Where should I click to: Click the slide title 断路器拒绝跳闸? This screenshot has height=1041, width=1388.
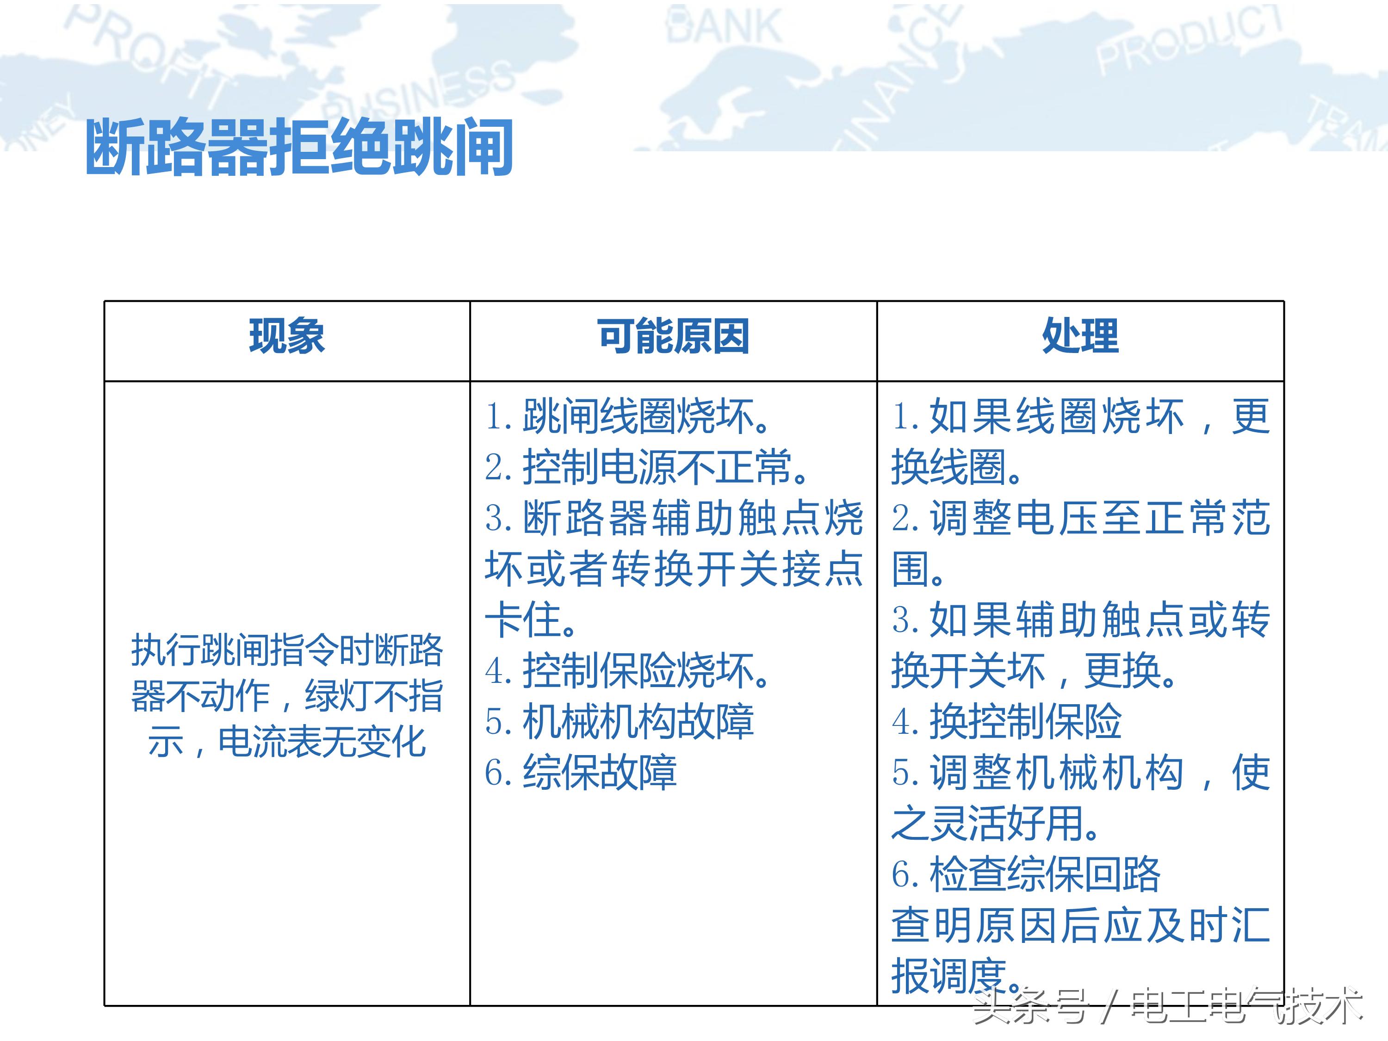299,148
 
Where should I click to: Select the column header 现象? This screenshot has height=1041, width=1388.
287,336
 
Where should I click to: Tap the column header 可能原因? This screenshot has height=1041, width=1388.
673,336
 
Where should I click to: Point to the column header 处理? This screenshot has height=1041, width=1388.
1080,336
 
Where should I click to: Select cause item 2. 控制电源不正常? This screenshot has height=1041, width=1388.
646,467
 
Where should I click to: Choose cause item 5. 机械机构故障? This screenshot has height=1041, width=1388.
620,722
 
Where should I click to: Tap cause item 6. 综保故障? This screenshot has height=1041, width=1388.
581,773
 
